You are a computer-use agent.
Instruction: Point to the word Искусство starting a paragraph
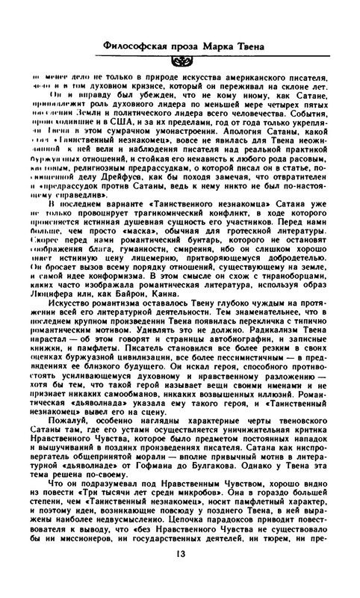[x=69, y=305]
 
